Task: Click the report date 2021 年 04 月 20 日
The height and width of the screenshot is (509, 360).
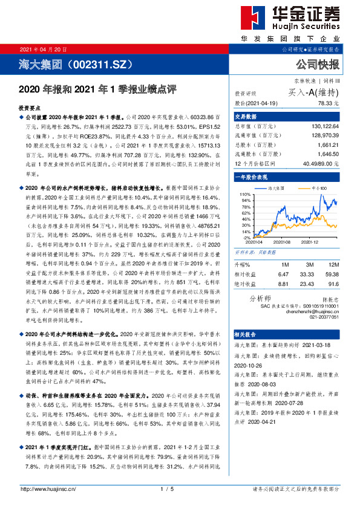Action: pyautogui.click(x=44, y=49)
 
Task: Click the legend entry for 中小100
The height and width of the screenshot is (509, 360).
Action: pyautogui.click(x=320, y=189)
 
